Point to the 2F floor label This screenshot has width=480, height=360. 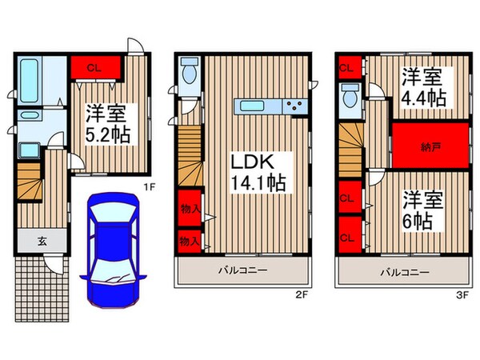[x=302, y=295]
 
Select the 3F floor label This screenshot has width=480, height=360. [x=462, y=295]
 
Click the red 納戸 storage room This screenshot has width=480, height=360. [x=429, y=146]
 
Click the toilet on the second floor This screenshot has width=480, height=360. [x=190, y=72]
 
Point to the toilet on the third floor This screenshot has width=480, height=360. [x=350, y=98]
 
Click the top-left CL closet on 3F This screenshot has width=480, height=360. [x=346, y=66]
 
